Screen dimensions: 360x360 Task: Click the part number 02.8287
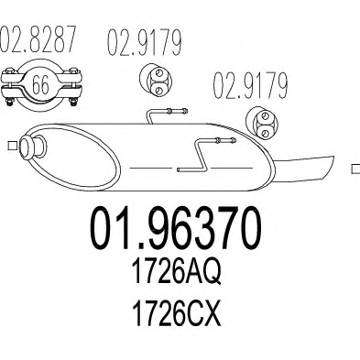[x=38, y=38]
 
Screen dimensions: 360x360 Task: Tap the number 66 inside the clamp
[x=40, y=84]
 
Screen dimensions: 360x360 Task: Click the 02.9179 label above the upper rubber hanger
[x=145, y=42]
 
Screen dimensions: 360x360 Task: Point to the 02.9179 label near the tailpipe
[x=250, y=85]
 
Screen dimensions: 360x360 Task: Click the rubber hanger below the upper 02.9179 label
[x=156, y=81]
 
